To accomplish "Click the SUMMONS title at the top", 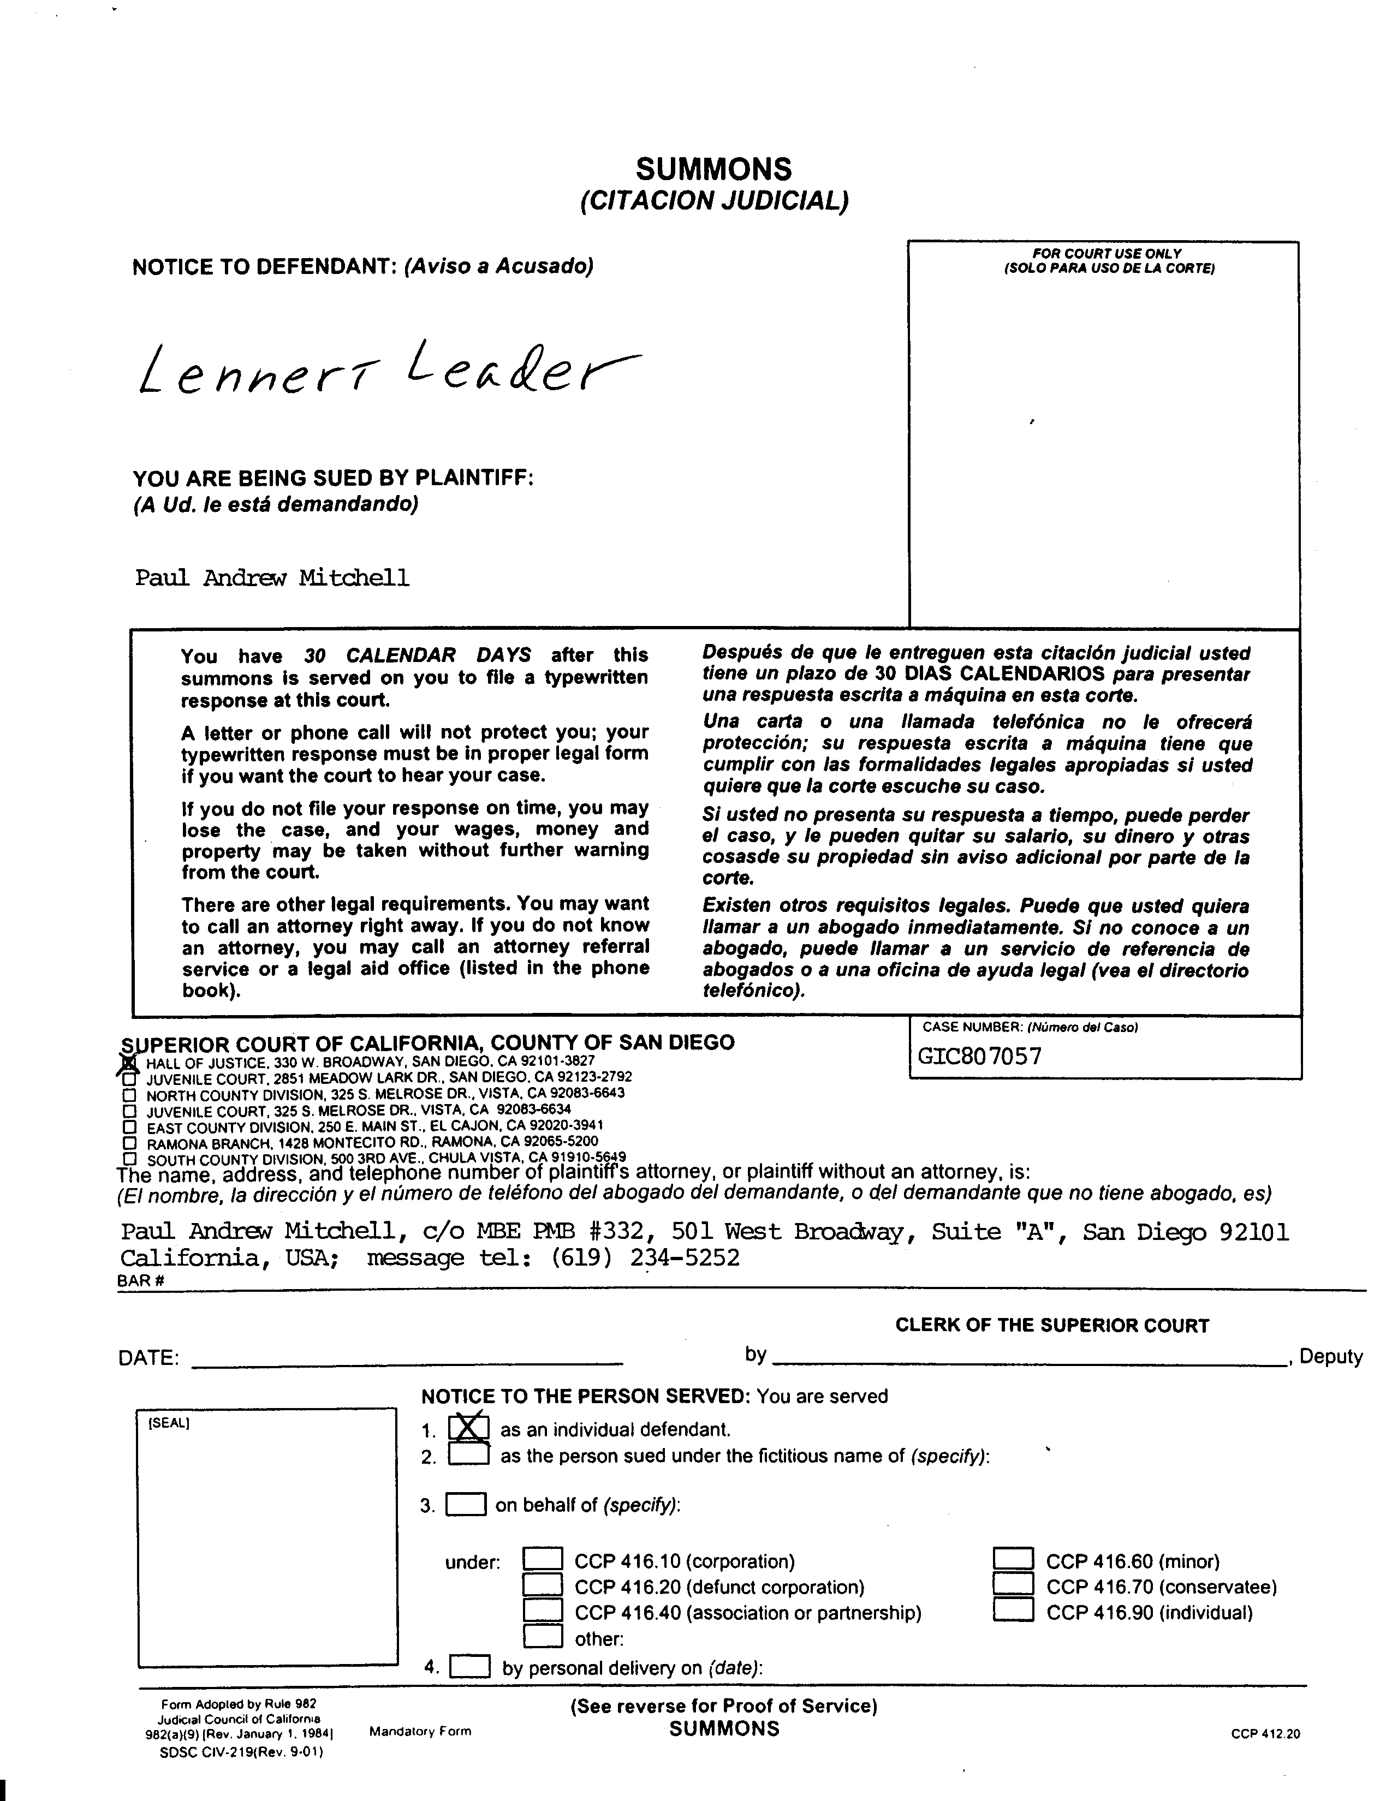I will point(713,169).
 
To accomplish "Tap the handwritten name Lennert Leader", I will point(388,368).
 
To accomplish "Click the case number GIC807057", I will point(980,1057).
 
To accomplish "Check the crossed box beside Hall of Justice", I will point(129,1064).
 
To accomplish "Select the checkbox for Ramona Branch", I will point(129,1143).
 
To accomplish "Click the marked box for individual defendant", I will point(468,1428).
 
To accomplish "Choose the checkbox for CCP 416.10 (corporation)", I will point(544,1559).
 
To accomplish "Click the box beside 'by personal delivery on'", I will point(470,1667).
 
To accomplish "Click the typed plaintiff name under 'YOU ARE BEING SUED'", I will point(272,577).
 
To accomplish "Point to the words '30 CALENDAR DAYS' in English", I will point(417,655).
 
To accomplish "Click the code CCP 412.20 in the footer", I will point(1265,1733).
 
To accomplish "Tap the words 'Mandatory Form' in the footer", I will point(420,1731).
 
